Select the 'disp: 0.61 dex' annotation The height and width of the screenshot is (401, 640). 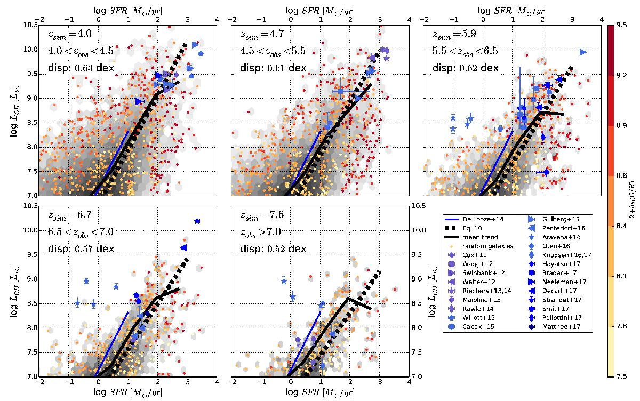click(x=267, y=68)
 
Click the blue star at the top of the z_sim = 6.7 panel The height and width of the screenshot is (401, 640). click(x=197, y=221)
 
